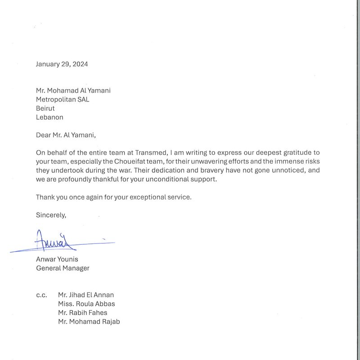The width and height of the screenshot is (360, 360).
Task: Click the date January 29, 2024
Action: click(62, 64)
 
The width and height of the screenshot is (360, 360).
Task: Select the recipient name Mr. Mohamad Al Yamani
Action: click(73, 90)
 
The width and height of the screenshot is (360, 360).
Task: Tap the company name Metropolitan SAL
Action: click(63, 99)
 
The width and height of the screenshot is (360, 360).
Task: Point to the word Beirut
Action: click(45, 108)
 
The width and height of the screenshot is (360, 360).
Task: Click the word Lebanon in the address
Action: click(49, 117)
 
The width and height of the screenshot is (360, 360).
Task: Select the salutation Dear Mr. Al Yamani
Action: click(66, 135)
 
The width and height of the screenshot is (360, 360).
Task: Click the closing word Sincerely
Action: click(51, 215)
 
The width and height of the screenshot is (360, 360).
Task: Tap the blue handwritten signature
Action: click(56, 241)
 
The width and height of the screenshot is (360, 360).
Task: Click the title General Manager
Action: click(63, 268)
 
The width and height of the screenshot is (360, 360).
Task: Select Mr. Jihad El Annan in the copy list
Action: click(86, 295)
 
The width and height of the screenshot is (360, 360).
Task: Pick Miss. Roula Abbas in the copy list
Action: click(86, 304)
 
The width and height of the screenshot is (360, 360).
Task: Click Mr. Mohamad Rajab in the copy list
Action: click(89, 322)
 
